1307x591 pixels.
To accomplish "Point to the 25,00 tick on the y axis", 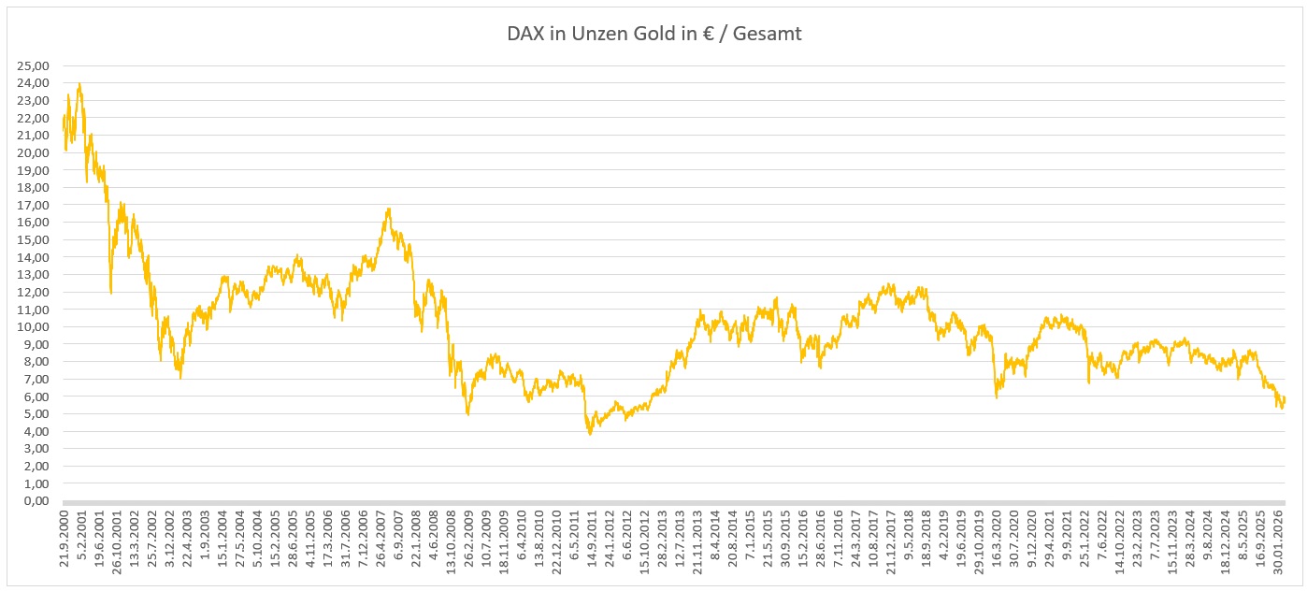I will point(34,65).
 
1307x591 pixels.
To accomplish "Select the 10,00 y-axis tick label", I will point(34,326).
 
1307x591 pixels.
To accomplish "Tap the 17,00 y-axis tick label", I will point(34,205).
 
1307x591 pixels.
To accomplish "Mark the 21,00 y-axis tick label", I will point(34,135).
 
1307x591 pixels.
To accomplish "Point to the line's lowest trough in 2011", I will point(590,434).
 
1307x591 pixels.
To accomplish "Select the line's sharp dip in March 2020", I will point(997,397).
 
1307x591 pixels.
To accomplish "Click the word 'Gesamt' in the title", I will point(768,34).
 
